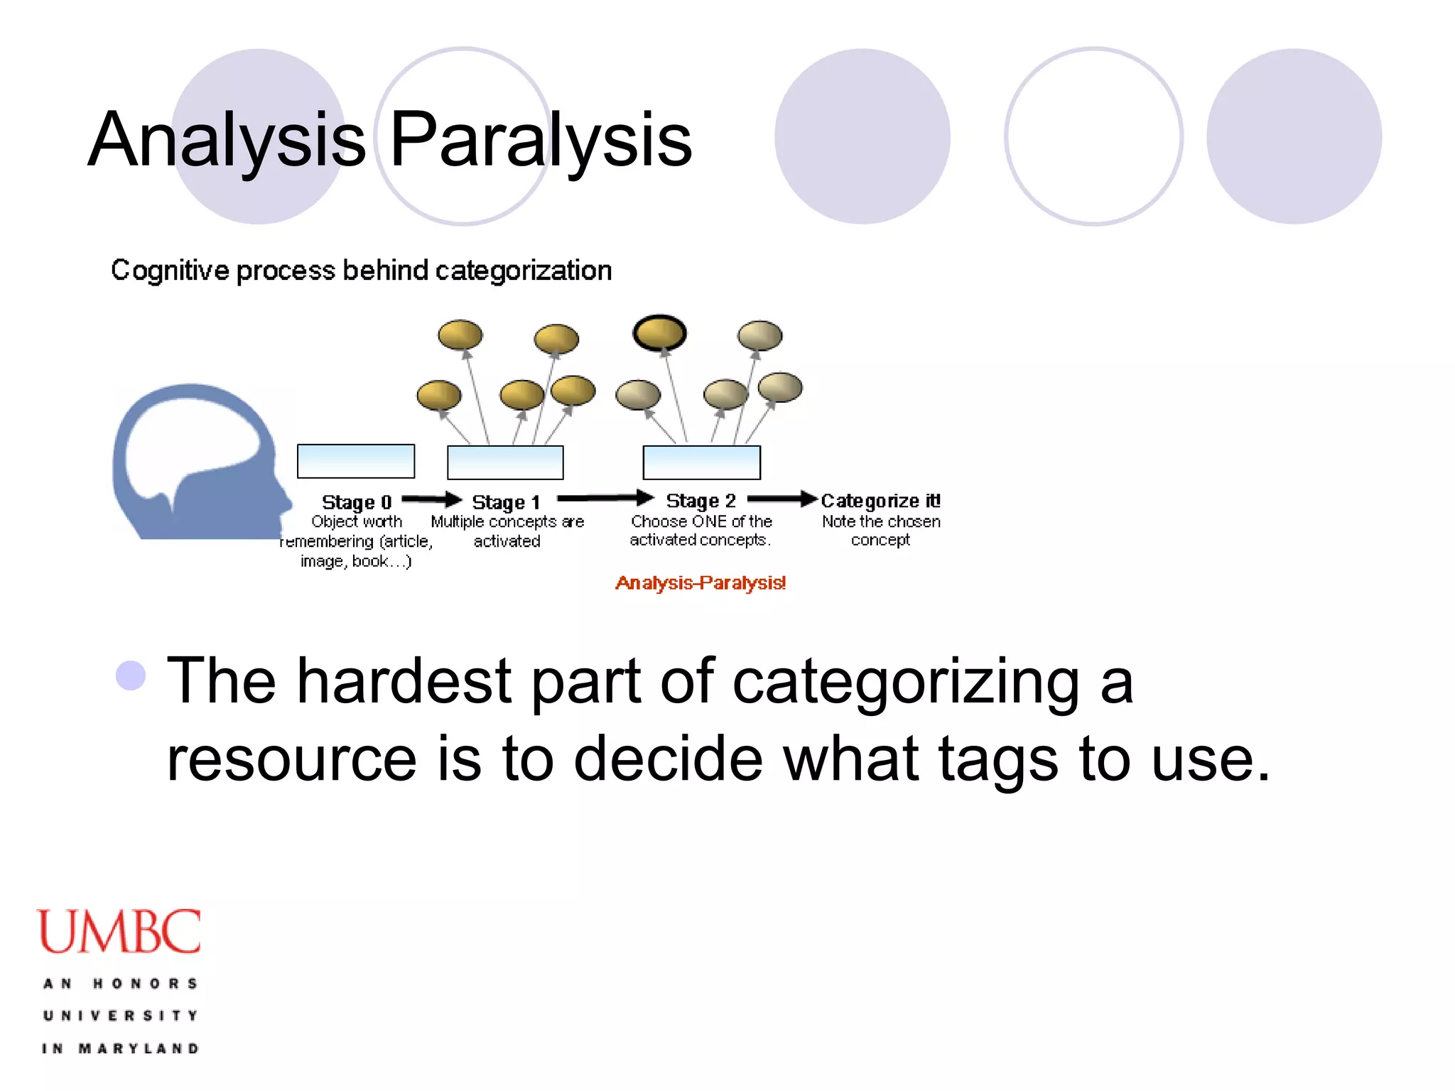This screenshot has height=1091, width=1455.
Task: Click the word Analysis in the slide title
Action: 226,140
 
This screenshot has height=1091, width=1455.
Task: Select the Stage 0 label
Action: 357,502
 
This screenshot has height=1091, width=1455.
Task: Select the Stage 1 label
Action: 506,502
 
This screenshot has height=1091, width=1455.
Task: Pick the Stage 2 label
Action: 701,501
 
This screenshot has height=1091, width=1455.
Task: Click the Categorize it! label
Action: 880,501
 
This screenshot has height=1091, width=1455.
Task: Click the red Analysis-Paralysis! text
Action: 701,583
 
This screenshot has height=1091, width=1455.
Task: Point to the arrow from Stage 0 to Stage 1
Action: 432,499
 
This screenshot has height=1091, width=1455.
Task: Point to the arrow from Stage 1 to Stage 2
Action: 605,498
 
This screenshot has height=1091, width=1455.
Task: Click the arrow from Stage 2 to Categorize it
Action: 782,499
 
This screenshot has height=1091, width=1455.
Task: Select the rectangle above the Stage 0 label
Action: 356,462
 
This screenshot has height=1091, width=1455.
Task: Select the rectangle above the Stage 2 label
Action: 701,463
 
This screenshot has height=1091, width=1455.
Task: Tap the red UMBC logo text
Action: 119,931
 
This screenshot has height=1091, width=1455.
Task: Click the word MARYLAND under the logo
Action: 139,1048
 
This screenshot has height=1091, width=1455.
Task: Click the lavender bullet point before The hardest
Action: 131,675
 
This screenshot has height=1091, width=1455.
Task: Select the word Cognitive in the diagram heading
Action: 170,271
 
